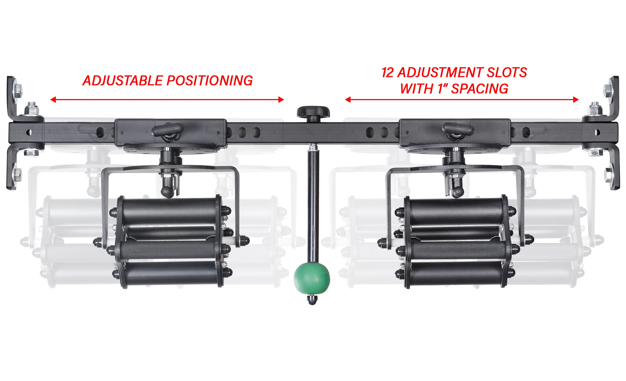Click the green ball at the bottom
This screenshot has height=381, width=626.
pyautogui.click(x=312, y=278)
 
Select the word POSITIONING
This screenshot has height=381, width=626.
pyautogui.click(x=210, y=81)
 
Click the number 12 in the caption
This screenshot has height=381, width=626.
pyautogui.click(x=388, y=73)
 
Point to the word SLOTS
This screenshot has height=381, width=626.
pyautogui.click(x=507, y=73)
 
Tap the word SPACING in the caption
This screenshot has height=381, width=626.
pyautogui.click(x=480, y=89)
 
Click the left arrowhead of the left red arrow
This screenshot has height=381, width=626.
pyautogui.click(x=53, y=100)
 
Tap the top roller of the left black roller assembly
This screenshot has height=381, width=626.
pyautogui.click(x=170, y=211)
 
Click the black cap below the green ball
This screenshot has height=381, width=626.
pyautogui.click(x=312, y=300)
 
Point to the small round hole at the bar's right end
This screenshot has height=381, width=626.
pyautogui.click(x=597, y=133)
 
